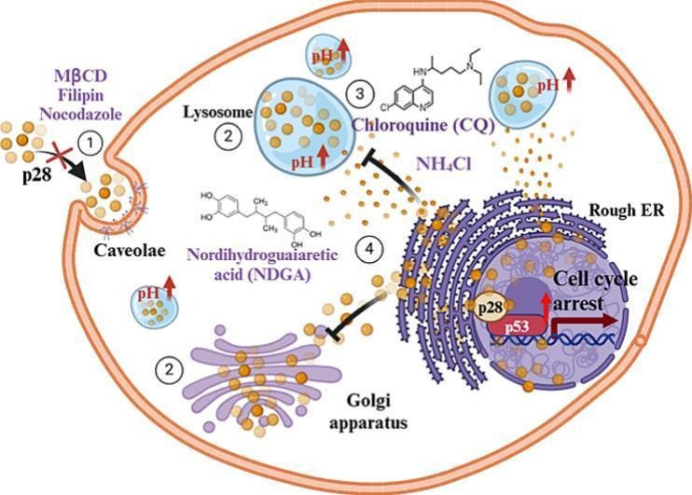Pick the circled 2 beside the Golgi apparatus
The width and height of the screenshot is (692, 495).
[168, 369]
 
